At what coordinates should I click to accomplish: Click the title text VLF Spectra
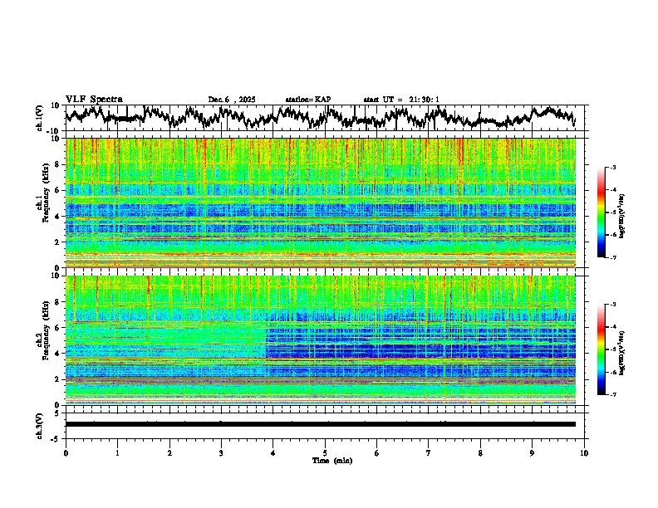coord(94,100)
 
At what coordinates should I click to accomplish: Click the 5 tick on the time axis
coord(325,452)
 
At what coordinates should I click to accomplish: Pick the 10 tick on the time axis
coord(585,452)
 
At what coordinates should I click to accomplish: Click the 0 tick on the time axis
coord(66,452)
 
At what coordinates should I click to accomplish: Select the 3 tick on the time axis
coord(221,452)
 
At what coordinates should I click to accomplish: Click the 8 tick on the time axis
coord(481,452)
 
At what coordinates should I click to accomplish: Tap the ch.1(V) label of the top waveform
coord(41,118)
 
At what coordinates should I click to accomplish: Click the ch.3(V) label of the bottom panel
coord(41,423)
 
